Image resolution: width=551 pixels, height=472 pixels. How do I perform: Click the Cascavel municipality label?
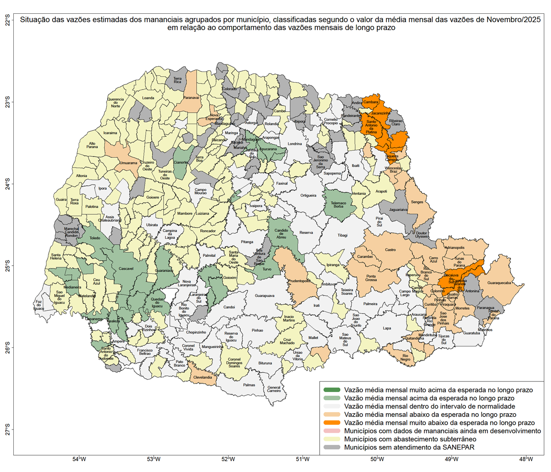(126, 269)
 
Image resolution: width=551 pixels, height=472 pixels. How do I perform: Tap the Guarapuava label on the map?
(264, 296)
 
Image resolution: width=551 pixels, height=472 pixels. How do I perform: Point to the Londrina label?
(295, 144)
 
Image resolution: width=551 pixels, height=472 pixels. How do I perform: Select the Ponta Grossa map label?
(371, 278)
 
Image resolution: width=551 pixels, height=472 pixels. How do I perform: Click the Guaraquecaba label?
(499, 283)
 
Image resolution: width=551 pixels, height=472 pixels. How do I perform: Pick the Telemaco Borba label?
(338, 205)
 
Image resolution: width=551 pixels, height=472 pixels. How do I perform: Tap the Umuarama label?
(129, 163)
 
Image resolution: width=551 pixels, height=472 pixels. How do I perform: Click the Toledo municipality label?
(95, 238)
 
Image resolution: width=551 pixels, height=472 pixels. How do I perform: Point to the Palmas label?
(249, 385)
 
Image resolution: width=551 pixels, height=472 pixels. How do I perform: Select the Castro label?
(390, 250)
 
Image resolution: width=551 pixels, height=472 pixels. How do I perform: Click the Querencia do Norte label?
(115, 103)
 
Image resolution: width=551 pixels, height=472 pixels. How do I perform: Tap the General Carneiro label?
(274, 389)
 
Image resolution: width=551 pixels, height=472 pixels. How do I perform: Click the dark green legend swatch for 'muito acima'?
(332, 390)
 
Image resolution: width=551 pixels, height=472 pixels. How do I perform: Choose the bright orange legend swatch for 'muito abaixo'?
(332, 423)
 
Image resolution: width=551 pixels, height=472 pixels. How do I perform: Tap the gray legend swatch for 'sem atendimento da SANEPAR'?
(332, 447)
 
